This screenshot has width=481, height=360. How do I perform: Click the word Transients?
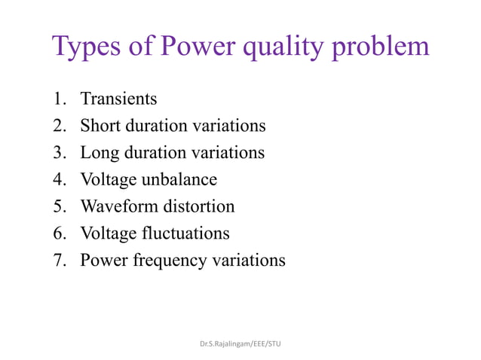point(118,99)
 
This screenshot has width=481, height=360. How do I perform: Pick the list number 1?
point(58,99)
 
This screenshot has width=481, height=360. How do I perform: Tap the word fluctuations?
point(185,233)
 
